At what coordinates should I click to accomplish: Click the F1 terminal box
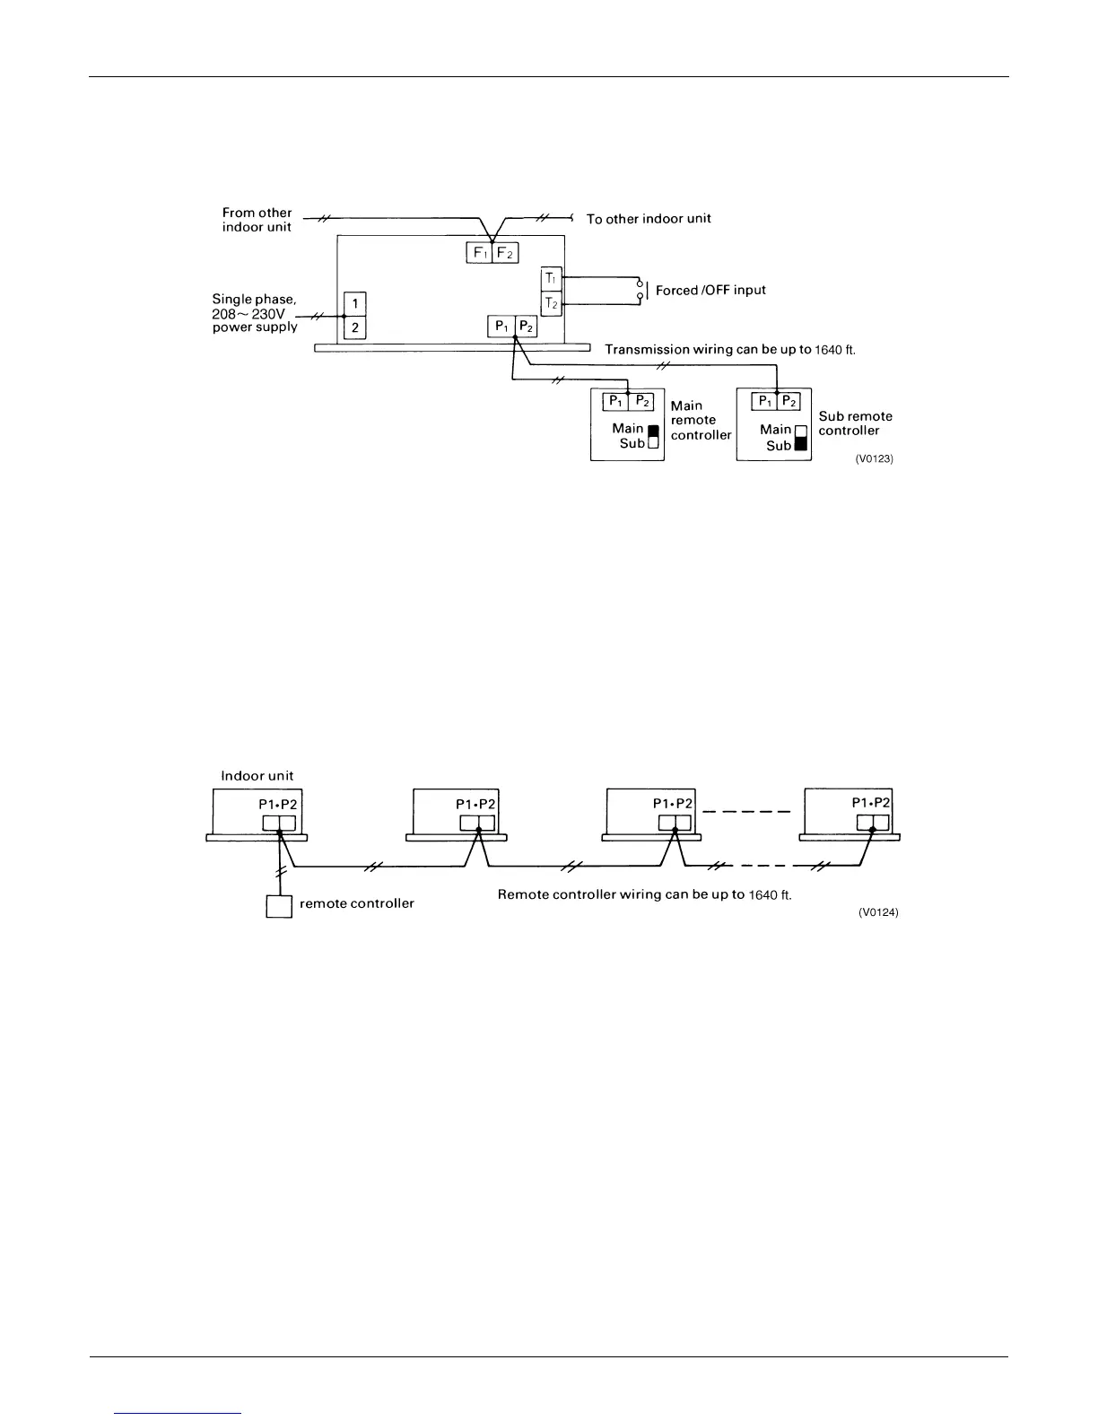479,252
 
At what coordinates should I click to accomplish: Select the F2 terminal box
506,252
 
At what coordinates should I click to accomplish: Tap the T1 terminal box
552,279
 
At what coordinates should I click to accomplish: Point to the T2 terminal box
552,304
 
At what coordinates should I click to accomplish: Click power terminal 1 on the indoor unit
355,303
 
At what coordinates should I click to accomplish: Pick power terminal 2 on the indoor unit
355,328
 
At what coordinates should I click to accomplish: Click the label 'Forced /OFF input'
710,291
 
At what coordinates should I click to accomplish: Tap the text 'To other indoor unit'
649,219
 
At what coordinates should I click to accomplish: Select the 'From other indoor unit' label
257,220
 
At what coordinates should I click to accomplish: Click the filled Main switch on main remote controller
653,430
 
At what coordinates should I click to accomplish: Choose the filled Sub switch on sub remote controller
801,445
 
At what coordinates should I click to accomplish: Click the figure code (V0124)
878,912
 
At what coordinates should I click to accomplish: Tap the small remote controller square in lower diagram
279,906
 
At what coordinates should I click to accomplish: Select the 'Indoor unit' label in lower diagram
257,776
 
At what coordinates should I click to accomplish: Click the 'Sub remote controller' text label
855,423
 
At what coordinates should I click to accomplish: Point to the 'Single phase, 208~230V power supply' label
255,313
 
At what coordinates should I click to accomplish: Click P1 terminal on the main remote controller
614,401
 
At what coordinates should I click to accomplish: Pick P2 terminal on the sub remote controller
789,401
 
